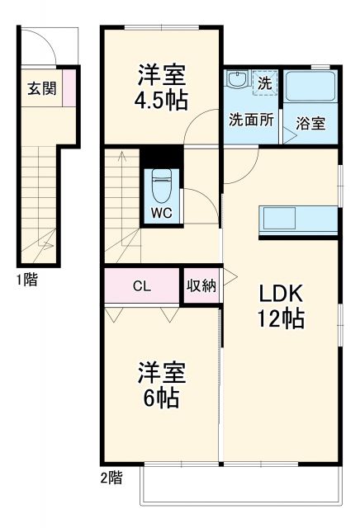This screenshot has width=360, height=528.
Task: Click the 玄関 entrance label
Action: (42, 89)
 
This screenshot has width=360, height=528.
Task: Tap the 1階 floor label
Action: (25, 280)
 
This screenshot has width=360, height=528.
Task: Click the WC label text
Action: (161, 210)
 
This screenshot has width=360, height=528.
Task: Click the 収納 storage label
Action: (201, 286)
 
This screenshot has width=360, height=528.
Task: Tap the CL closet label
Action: (142, 287)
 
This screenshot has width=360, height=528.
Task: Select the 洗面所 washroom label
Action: (250, 119)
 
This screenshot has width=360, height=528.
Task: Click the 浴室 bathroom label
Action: (310, 125)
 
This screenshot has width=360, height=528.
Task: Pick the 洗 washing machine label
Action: (264, 83)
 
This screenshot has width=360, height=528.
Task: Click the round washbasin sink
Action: (237, 82)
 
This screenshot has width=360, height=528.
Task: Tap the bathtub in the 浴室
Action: (309, 87)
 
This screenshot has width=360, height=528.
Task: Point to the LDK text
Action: (283, 294)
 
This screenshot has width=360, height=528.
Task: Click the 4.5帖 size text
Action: (162, 100)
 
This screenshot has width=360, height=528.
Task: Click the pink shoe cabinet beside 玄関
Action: (69, 89)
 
